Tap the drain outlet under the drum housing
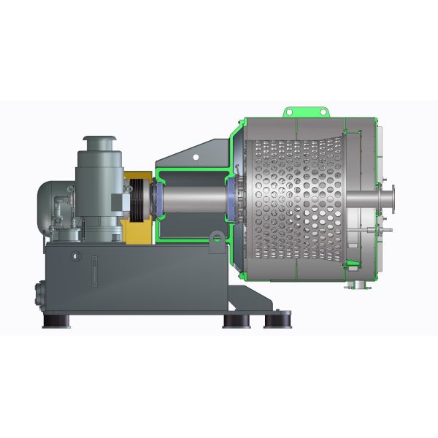[x=357, y=283]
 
